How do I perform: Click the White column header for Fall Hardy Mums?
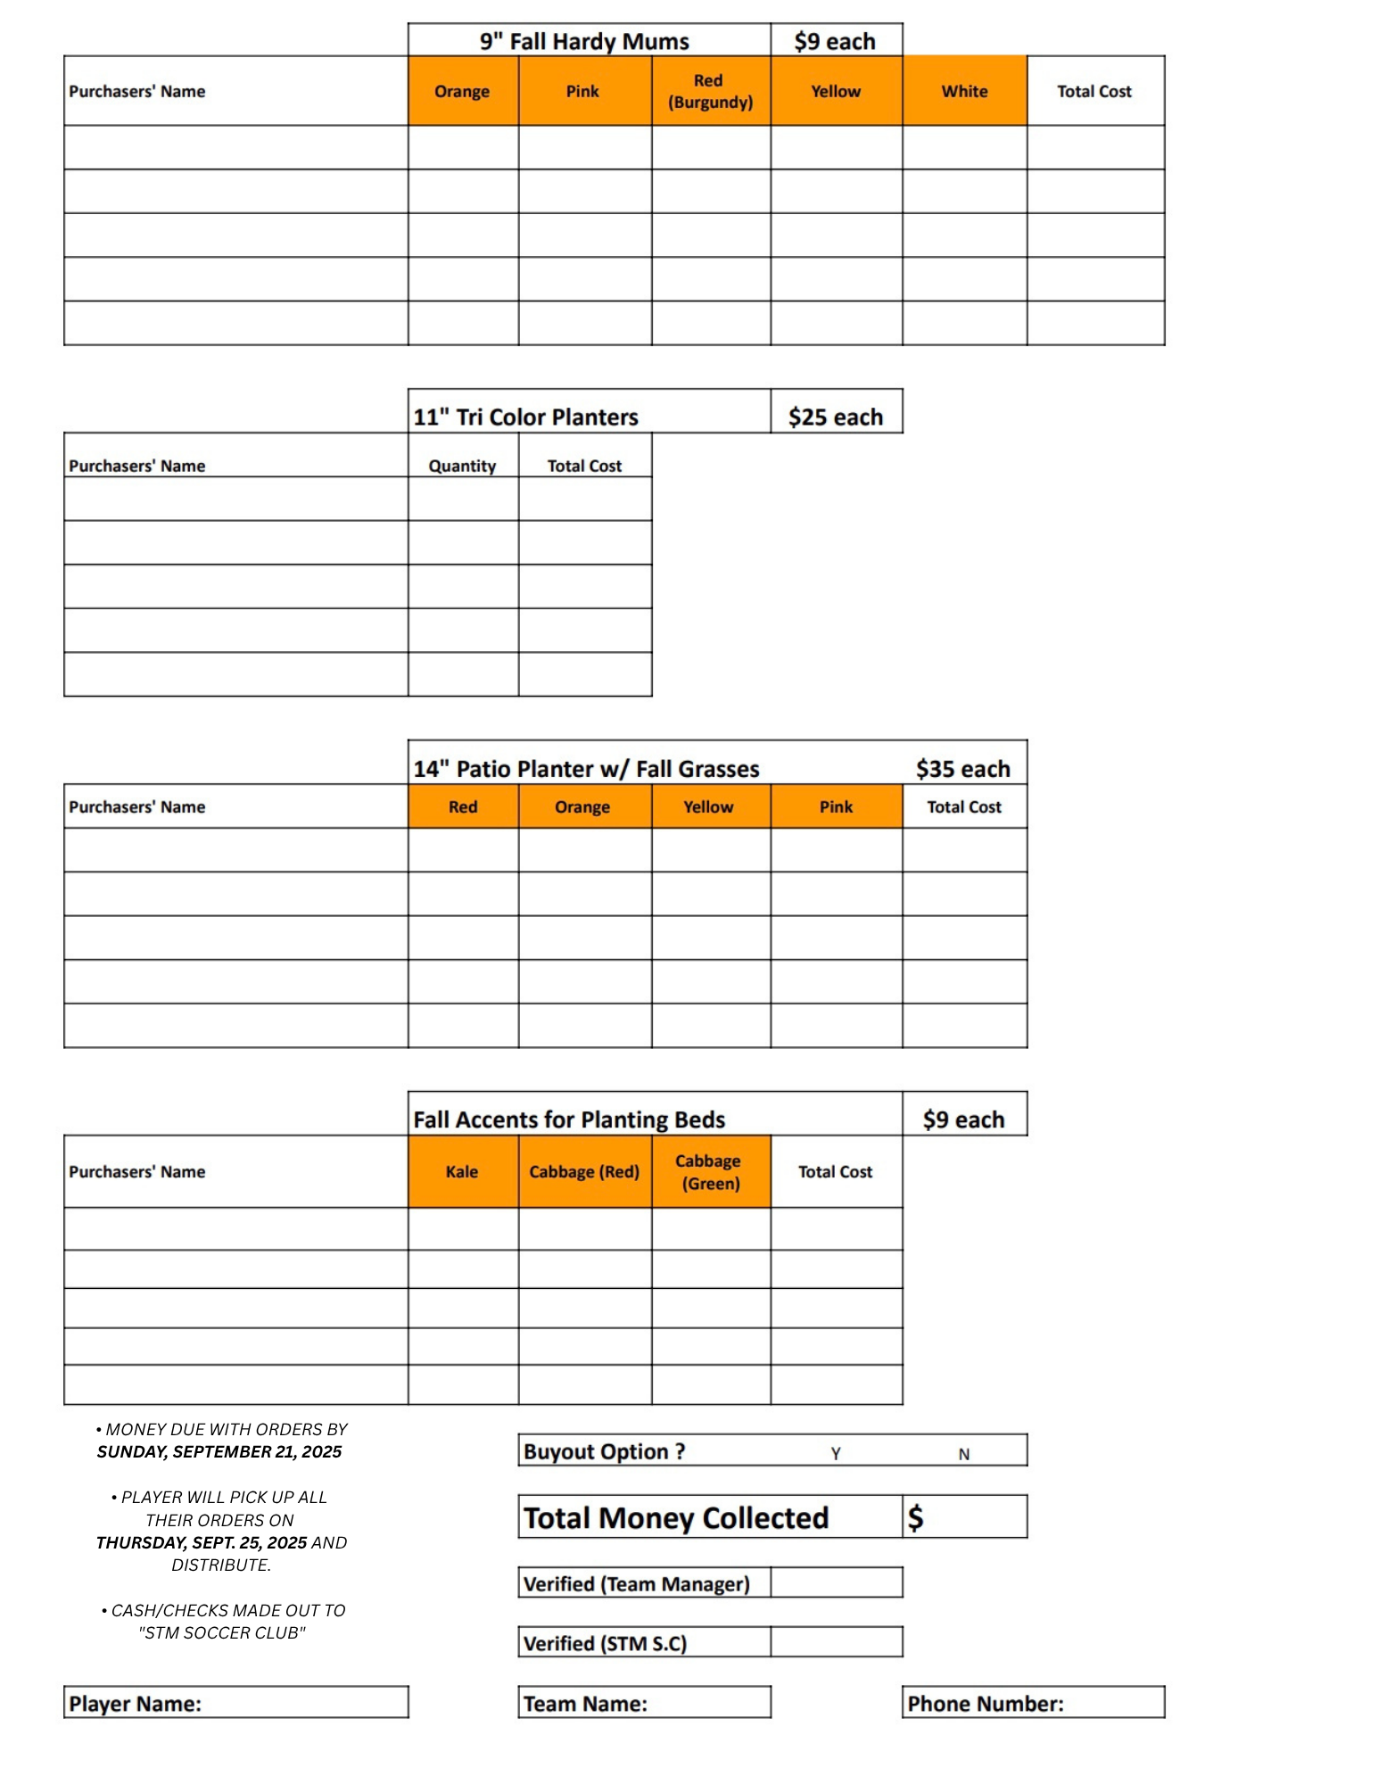pyautogui.click(x=963, y=91)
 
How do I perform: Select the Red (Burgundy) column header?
pyautogui.click(x=710, y=91)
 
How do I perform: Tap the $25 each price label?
pyautogui.click(x=835, y=417)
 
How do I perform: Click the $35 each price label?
pyautogui.click(x=962, y=768)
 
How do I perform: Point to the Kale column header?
pyautogui.click(x=462, y=1171)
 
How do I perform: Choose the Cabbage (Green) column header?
pyautogui.click(x=710, y=1171)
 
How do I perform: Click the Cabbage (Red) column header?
pyautogui.click(x=583, y=1171)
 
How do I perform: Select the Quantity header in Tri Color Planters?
pyautogui.click(x=462, y=466)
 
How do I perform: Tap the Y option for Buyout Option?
pyautogui.click(x=836, y=1453)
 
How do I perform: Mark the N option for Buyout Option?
pyautogui.click(x=963, y=1453)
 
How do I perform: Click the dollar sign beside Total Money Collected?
pyautogui.click(x=915, y=1517)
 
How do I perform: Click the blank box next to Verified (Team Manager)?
pyautogui.click(x=836, y=1582)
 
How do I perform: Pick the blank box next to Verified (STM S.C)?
pyautogui.click(x=836, y=1641)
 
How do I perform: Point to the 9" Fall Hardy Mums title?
pyautogui.click(x=584, y=41)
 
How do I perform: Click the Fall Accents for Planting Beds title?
pyautogui.click(x=569, y=1119)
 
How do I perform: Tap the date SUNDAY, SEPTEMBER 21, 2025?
pyautogui.click(x=219, y=1451)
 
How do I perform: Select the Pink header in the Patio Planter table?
pyautogui.click(x=836, y=806)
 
